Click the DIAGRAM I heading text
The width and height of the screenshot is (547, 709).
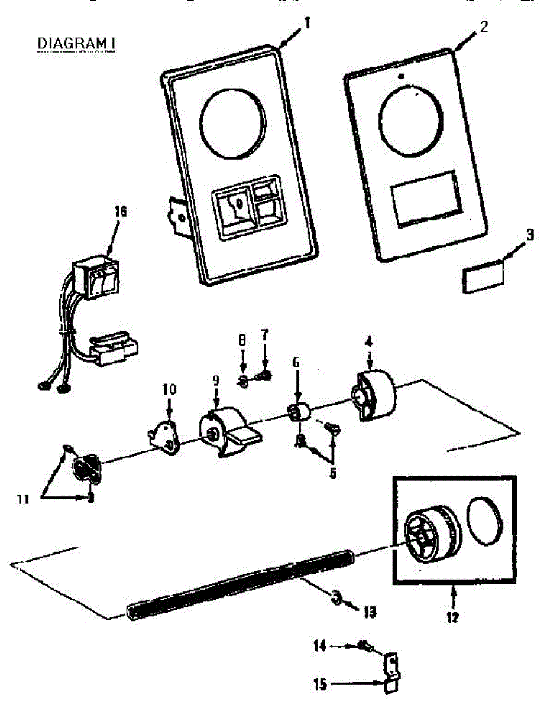[x=76, y=44]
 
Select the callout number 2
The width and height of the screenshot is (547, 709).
[x=484, y=27]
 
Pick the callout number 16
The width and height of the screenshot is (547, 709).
[x=121, y=211]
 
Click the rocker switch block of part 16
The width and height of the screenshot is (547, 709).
[x=96, y=278]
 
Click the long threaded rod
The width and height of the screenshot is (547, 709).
[x=237, y=583]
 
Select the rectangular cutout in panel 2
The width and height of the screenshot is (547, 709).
[x=426, y=199]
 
